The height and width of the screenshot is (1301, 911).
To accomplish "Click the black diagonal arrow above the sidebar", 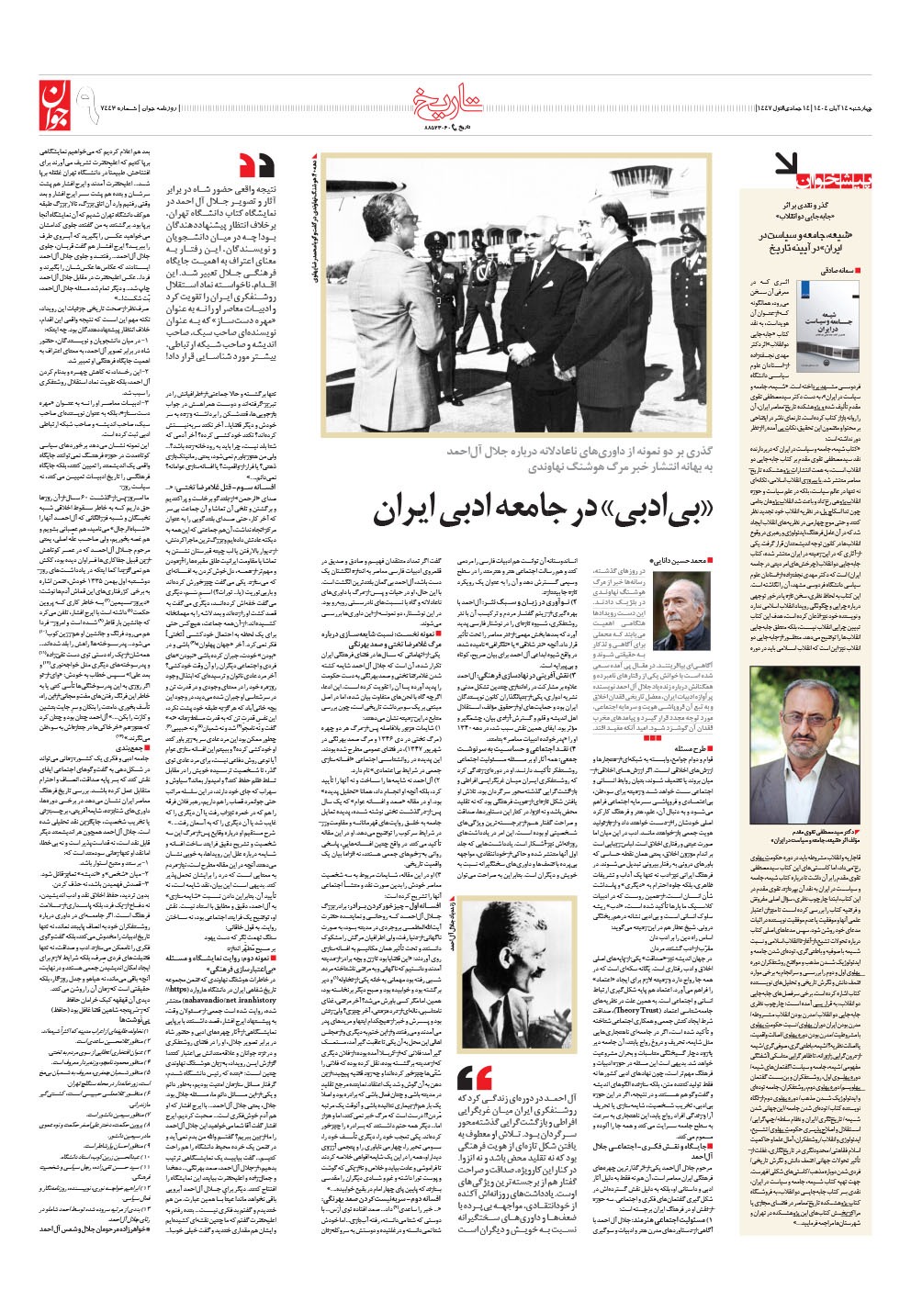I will click(x=787, y=164).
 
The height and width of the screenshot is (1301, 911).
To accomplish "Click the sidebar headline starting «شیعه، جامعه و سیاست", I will click(x=808, y=241).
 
